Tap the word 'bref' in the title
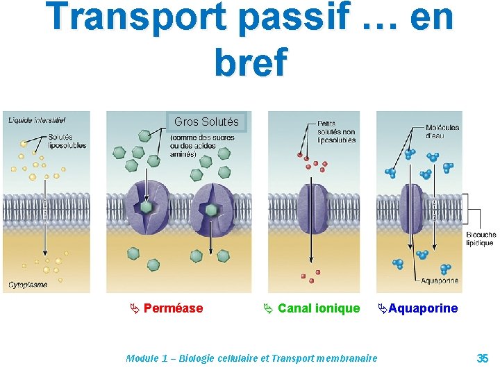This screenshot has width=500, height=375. point(250,62)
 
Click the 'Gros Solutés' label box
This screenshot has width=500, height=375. point(206,122)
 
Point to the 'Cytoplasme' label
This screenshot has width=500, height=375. point(28,285)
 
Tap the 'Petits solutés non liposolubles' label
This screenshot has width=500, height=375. point(336,132)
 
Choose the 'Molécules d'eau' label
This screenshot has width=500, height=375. point(442,131)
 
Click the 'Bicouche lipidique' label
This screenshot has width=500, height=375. point(481,239)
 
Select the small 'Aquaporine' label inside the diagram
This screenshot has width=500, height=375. point(440,281)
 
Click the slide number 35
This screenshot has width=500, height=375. point(482,358)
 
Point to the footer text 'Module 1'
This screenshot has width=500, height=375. point(147,358)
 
